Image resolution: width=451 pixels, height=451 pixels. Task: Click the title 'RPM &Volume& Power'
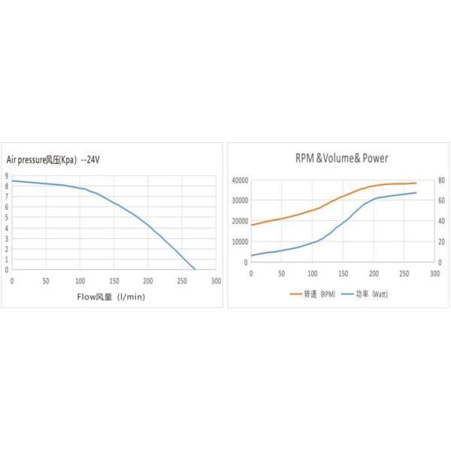tap(342, 158)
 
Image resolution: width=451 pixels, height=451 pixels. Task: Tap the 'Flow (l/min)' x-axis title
tap(111, 296)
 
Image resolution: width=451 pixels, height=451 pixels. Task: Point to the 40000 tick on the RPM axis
tap(239, 180)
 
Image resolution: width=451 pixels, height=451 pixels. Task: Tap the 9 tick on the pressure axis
tap(6, 176)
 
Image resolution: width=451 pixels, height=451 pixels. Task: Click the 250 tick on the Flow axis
tap(182, 280)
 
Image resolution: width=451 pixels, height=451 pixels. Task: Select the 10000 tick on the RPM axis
tap(239, 242)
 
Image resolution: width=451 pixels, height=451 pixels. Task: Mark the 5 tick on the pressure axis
tap(6, 218)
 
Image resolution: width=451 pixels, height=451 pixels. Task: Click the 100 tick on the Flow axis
tap(80, 280)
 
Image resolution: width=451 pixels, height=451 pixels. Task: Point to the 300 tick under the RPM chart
tap(434, 273)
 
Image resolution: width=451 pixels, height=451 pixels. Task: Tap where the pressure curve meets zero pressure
tap(195, 269)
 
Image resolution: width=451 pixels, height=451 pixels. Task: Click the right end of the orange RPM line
tap(416, 183)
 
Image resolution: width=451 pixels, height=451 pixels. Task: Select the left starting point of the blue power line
tap(251, 256)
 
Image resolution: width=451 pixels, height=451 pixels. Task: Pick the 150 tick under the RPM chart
tap(343, 273)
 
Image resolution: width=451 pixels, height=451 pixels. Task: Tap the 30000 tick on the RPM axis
tap(239, 201)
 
